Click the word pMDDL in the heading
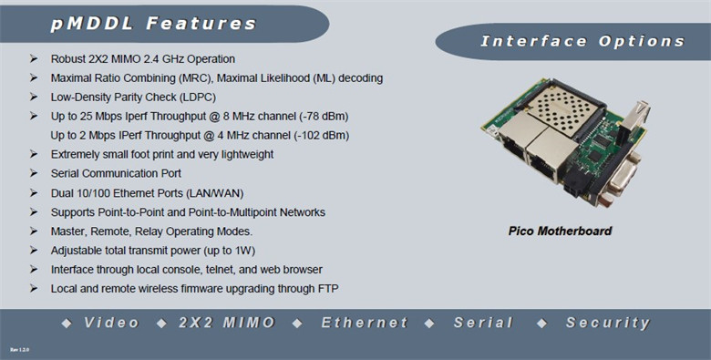91,24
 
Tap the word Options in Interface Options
641,41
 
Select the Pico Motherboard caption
560,231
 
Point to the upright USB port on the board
635,116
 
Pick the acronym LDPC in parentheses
198,98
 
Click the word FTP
329,289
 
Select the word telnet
221,270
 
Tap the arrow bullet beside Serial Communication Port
34,173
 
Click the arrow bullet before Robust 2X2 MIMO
34,58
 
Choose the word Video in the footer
111,323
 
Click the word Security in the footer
608,323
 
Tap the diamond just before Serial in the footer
429,324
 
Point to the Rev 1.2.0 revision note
19,350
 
